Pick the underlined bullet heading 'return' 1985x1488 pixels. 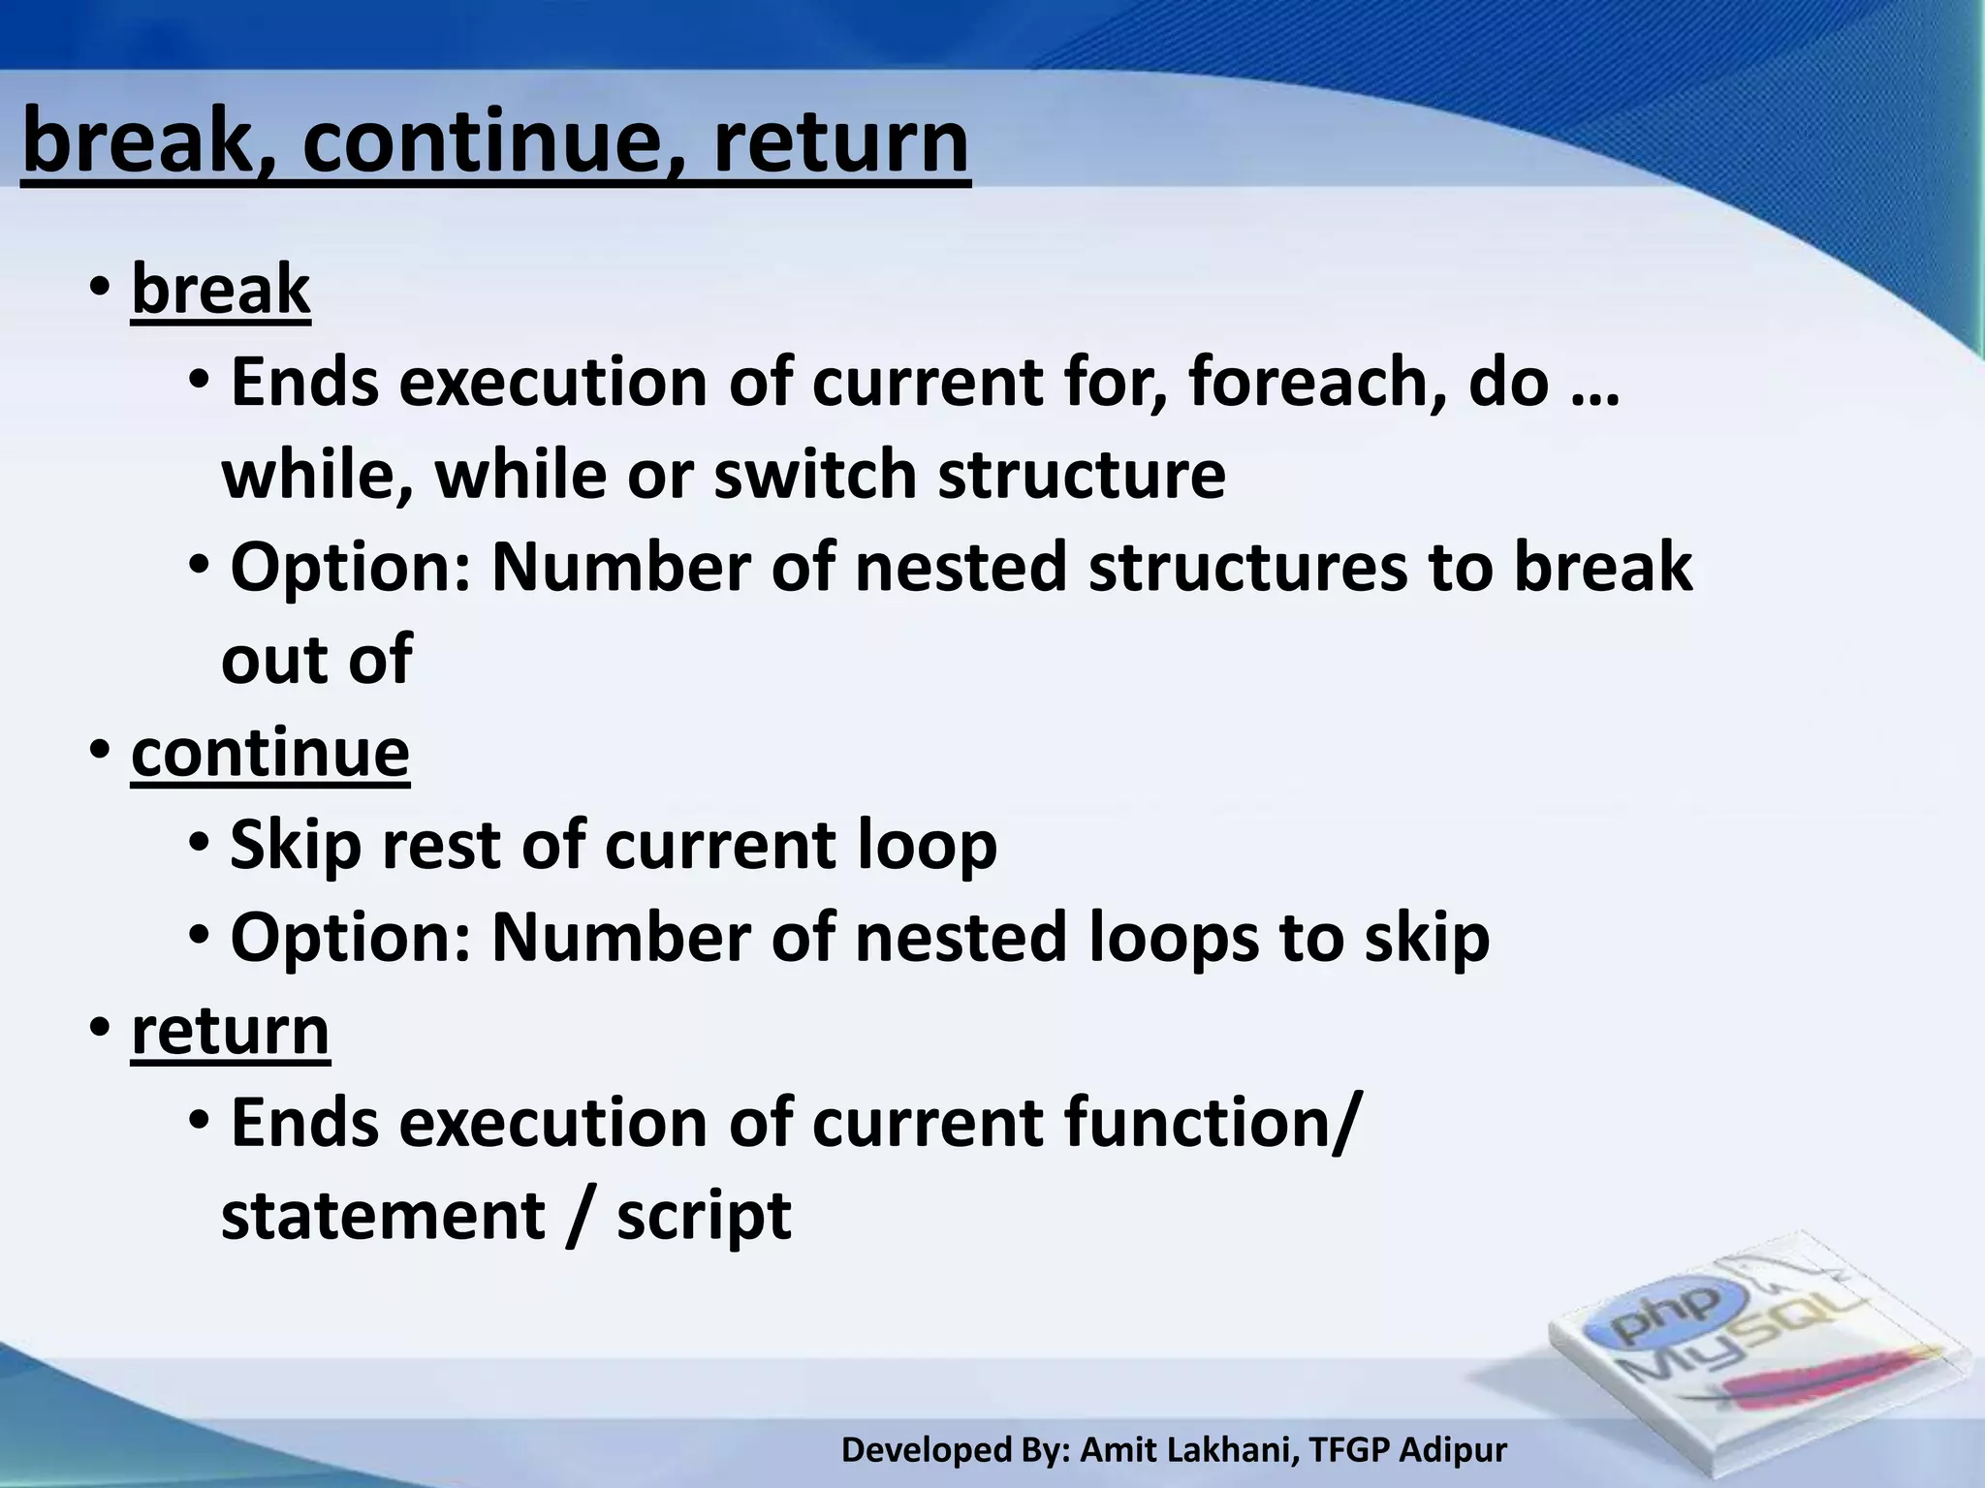(x=231, y=1030)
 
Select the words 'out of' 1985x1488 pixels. (x=317, y=660)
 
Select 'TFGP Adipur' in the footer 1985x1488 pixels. (x=1407, y=1450)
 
